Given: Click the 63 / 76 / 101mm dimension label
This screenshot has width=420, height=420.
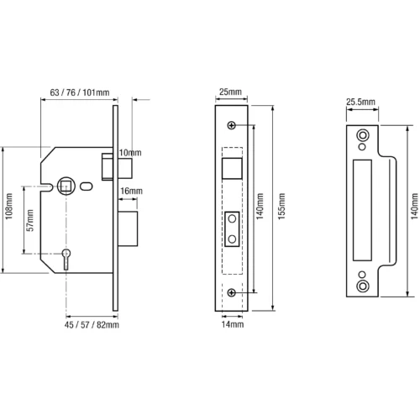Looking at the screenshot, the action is coord(80,92).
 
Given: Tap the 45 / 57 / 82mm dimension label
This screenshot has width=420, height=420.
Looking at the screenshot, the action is coord(92,325).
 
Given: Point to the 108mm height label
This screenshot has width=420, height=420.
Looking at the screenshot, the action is coord(9,206).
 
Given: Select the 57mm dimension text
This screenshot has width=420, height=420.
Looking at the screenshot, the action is coord(29,220).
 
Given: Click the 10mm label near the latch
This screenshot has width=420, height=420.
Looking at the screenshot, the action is coord(130,153).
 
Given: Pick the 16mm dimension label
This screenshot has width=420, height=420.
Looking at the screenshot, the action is coord(131,191).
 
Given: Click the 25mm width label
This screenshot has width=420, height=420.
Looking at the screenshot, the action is coord(230,92).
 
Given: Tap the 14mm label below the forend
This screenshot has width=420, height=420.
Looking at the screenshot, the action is coord(233,324).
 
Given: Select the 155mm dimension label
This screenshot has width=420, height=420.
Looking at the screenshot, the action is coord(281,206).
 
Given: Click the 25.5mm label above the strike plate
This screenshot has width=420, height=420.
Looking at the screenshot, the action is coord(360,102).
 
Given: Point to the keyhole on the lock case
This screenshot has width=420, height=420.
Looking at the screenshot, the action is coord(66,259).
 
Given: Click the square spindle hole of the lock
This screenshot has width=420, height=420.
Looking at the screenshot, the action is coord(66,186).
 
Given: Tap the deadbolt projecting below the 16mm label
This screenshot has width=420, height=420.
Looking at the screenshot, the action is coord(128,228).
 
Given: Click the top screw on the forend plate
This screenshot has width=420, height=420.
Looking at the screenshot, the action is coord(232,125).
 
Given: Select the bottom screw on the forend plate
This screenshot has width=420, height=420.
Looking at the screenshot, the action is coord(232,293).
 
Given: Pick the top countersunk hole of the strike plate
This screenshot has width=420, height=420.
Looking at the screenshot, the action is coord(363,135).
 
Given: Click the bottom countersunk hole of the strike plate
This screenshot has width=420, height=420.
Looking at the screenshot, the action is coord(363,286).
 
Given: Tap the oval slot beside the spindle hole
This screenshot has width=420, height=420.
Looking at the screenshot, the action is coord(87,186).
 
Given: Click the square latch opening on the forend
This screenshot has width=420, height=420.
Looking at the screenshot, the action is coord(232,168).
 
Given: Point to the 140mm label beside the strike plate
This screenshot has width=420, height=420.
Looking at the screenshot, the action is coord(415,206).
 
